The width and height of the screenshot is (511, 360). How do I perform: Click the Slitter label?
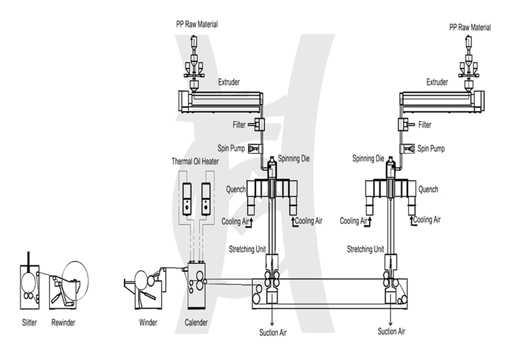(x=29, y=322)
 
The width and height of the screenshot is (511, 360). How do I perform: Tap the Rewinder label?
(x=63, y=322)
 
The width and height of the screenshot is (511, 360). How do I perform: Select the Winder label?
(x=148, y=322)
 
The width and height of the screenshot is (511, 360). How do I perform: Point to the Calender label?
(x=196, y=322)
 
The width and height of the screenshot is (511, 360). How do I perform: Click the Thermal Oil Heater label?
(x=195, y=161)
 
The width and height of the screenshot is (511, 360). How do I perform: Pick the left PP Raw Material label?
(x=197, y=24)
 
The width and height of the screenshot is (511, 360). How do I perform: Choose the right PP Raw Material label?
(x=470, y=27)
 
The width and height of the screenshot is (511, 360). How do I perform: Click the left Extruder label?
(x=229, y=82)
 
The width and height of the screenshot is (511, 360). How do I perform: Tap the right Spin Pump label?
(x=431, y=149)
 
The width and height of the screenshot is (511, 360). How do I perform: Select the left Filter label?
(x=239, y=124)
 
